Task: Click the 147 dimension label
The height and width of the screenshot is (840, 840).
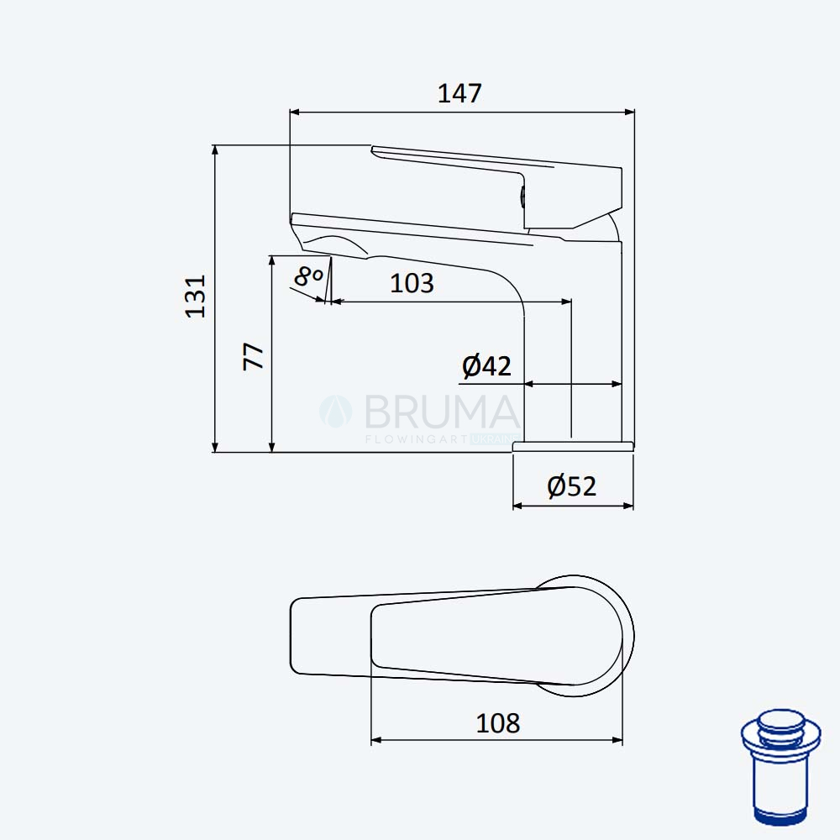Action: [x=459, y=93]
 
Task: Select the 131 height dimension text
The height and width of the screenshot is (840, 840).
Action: [x=196, y=297]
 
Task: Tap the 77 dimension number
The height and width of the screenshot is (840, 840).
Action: [x=254, y=356]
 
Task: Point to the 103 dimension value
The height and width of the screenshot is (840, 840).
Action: [x=412, y=283]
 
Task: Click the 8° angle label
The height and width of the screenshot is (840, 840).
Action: [x=308, y=276]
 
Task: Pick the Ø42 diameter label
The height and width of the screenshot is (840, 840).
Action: [x=486, y=366]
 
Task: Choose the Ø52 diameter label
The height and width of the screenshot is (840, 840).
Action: [x=571, y=486]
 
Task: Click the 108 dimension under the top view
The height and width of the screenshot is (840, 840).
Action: [x=497, y=723]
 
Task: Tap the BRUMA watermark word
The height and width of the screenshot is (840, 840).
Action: [x=442, y=412]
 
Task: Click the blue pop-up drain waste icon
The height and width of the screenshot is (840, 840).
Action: [x=780, y=767]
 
